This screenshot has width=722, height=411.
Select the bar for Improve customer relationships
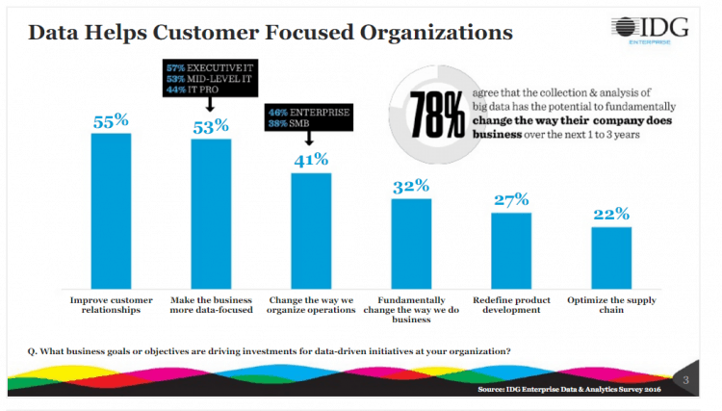[x=111, y=210]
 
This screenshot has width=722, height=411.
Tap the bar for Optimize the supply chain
[x=610, y=257]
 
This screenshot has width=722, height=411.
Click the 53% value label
[x=210, y=126]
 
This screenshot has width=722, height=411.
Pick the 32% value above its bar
[x=411, y=186]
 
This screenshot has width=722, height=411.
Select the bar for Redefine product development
[x=510, y=249]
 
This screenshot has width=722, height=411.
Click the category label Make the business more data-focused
[x=210, y=305]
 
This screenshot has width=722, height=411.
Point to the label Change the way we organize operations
[x=311, y=305]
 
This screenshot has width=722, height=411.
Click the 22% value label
[x=610, y=214]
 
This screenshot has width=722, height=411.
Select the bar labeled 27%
[x=510, y=249]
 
